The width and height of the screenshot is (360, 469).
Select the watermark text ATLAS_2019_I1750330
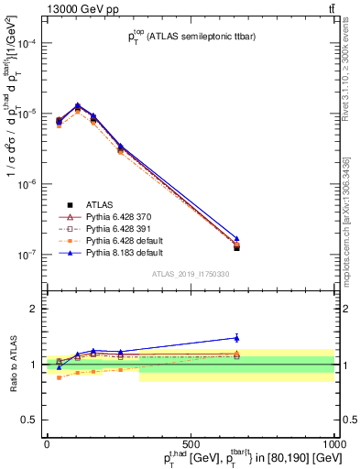click(191, 274)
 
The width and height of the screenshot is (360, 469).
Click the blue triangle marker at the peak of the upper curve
click(78, 105)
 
